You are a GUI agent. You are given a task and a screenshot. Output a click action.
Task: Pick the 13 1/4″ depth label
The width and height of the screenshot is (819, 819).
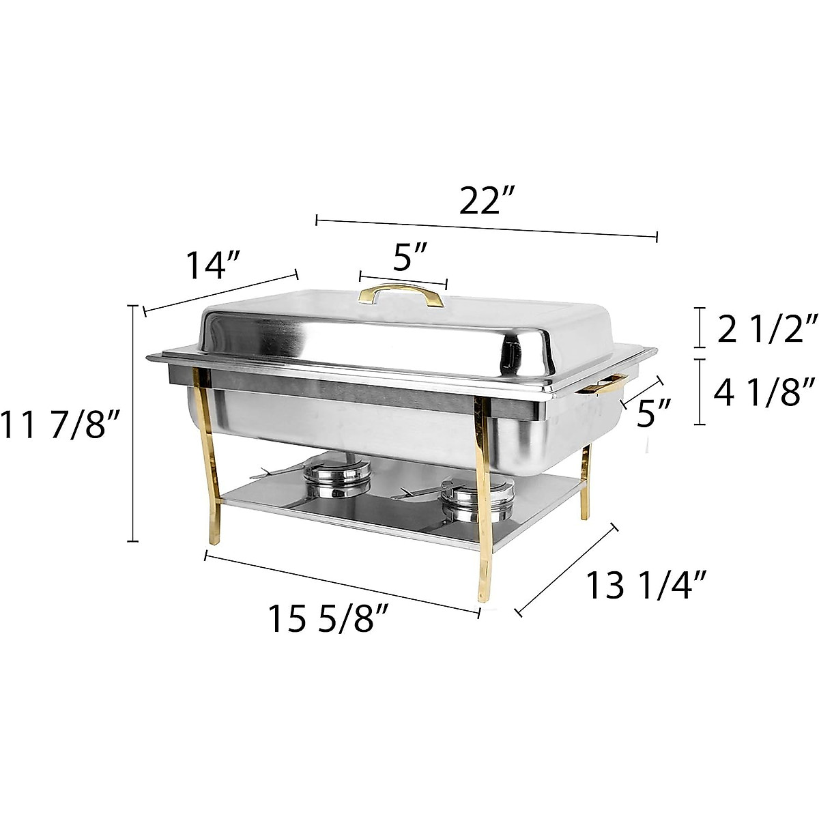[x=646, y=585]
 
